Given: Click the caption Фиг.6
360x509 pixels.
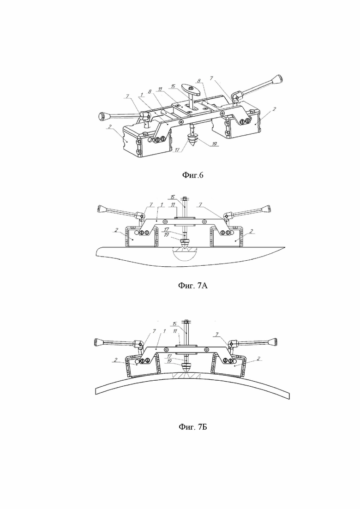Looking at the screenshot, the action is coord(192,176).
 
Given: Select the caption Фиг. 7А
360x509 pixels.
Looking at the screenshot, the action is coord(192,286).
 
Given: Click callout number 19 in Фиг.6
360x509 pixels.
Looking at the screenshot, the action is coord(214,144).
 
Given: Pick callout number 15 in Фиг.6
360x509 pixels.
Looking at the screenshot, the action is coord(173,86).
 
